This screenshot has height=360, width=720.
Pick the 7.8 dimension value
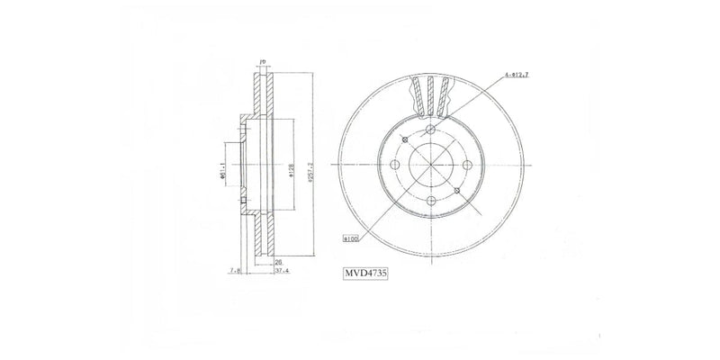233,269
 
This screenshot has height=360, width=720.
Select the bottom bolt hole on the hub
431,200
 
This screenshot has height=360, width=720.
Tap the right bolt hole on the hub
465,166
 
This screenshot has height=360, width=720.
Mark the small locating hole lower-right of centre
456,190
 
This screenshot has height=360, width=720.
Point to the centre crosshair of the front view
431,166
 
